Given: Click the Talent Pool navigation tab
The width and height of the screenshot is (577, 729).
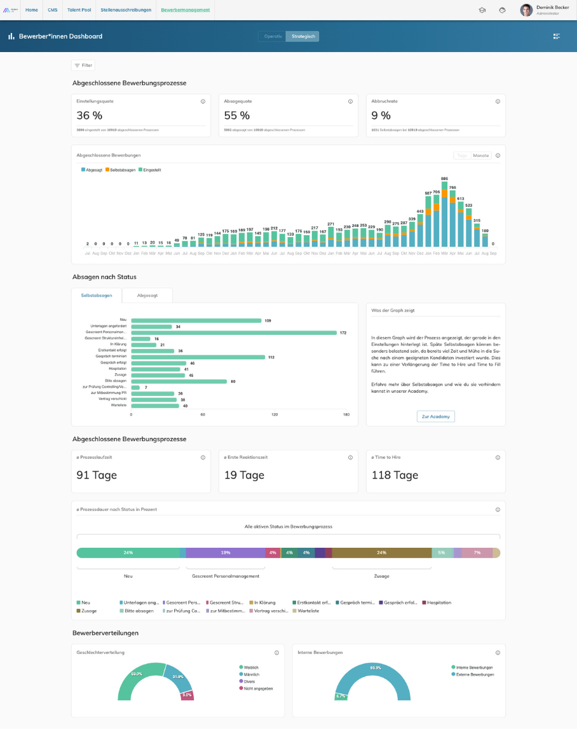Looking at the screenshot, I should [79, 10].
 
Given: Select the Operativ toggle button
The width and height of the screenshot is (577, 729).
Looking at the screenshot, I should [273, 36].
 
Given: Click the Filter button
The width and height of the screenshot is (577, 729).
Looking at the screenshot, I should [83, 65].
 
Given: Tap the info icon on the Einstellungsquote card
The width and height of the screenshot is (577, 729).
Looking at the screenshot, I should [203, 101].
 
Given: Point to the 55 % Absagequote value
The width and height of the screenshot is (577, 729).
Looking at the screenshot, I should [237, 115].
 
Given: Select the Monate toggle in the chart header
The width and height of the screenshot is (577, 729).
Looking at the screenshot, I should [481, 155].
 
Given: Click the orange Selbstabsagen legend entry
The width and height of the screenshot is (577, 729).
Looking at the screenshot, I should [120, 170].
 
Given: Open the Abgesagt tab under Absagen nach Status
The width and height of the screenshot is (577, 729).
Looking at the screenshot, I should [147, 295].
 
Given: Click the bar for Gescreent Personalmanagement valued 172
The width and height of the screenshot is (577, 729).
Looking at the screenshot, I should [234, 332].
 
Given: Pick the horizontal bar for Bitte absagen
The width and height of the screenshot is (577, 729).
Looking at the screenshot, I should [179, 381].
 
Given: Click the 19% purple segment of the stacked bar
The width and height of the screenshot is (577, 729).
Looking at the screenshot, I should [226, 552].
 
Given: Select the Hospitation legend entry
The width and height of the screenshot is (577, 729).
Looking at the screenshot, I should [438, 602].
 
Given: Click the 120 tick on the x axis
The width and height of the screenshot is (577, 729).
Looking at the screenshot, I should [275, 414].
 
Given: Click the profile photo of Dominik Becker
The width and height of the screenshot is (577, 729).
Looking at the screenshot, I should [526, 10].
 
